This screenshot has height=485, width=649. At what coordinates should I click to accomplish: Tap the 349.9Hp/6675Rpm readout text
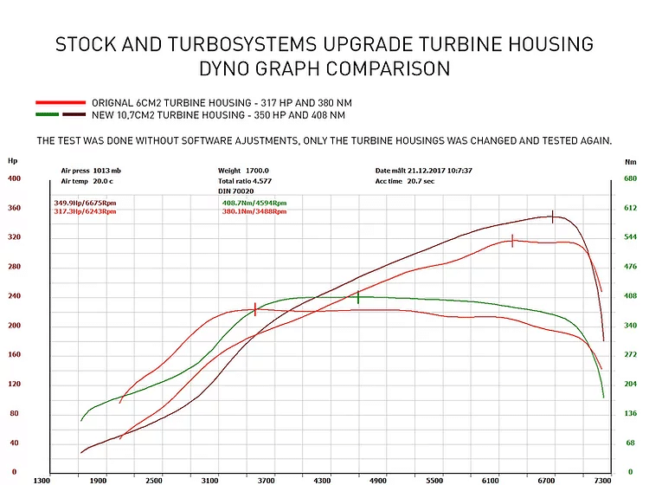(83, 203)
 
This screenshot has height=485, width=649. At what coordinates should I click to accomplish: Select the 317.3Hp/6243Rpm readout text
(83, 210)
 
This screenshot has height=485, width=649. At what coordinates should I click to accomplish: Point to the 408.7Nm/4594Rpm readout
(254, 203)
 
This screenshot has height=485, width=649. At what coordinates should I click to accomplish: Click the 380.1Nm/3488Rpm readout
(254, 210)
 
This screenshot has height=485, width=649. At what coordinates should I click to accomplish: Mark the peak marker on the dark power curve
(552, 217)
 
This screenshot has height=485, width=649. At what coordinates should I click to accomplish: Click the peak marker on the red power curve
(512, 241)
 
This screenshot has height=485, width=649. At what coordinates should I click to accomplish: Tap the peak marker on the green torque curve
(358, 297)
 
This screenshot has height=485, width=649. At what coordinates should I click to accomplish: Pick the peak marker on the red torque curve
(255, 309)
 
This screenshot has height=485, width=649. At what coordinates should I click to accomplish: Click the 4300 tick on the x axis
(322, 479)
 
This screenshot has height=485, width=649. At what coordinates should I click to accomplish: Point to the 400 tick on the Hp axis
(14, 178)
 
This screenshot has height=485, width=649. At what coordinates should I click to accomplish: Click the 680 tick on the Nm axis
(630, 178)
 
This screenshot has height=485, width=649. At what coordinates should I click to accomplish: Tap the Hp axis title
(12, 160)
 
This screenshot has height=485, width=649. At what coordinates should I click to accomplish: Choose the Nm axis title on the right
(631, 161)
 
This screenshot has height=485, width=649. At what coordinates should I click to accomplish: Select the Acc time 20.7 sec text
(405, 181)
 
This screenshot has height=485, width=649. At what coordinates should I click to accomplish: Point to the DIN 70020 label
(235, 190)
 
